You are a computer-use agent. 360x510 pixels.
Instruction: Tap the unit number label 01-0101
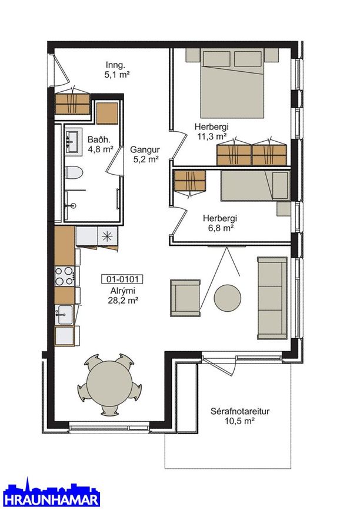122,279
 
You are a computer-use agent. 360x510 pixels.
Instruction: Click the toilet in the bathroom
73,172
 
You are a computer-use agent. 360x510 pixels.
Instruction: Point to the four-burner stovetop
65,276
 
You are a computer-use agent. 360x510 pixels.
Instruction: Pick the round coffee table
227,298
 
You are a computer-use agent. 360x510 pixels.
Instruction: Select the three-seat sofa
272,298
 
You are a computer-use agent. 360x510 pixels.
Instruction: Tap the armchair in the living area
185,298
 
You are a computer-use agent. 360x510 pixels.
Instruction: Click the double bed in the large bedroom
232,83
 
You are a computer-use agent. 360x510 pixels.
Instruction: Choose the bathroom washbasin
72,142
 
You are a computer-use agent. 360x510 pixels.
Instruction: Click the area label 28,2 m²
124,301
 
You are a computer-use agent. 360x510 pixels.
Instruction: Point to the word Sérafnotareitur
240,411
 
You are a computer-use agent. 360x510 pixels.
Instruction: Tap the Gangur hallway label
145,149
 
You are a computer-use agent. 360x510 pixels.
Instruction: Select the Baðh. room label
99,140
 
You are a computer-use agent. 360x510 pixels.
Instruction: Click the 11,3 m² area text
212,136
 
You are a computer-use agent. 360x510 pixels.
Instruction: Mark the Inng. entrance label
116,65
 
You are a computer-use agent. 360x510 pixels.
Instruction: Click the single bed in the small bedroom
256,185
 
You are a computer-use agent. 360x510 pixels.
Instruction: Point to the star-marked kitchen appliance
108,236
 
